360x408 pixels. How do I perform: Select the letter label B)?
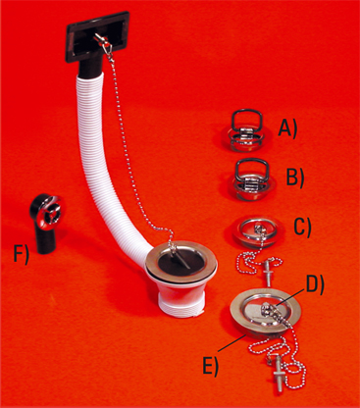[295, 177]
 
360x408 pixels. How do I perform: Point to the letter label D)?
[315, 286]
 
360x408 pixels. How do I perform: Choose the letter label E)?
[210, 366]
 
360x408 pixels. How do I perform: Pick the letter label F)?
[22, 254]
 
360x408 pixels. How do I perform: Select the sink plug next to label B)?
[252, 179]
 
